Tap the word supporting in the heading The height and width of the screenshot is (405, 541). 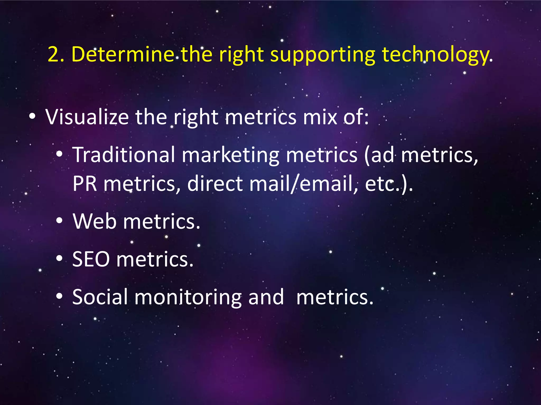(323, 55)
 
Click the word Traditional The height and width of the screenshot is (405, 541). (124, 155)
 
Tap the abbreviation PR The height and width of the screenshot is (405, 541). (85, 184)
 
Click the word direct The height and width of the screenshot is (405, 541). (215, 184)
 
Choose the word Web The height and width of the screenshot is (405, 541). (94, 221)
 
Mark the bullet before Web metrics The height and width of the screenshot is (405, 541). (59, 221)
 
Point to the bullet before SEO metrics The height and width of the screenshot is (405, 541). (59, 259)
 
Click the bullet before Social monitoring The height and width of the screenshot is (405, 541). (59, 297)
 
